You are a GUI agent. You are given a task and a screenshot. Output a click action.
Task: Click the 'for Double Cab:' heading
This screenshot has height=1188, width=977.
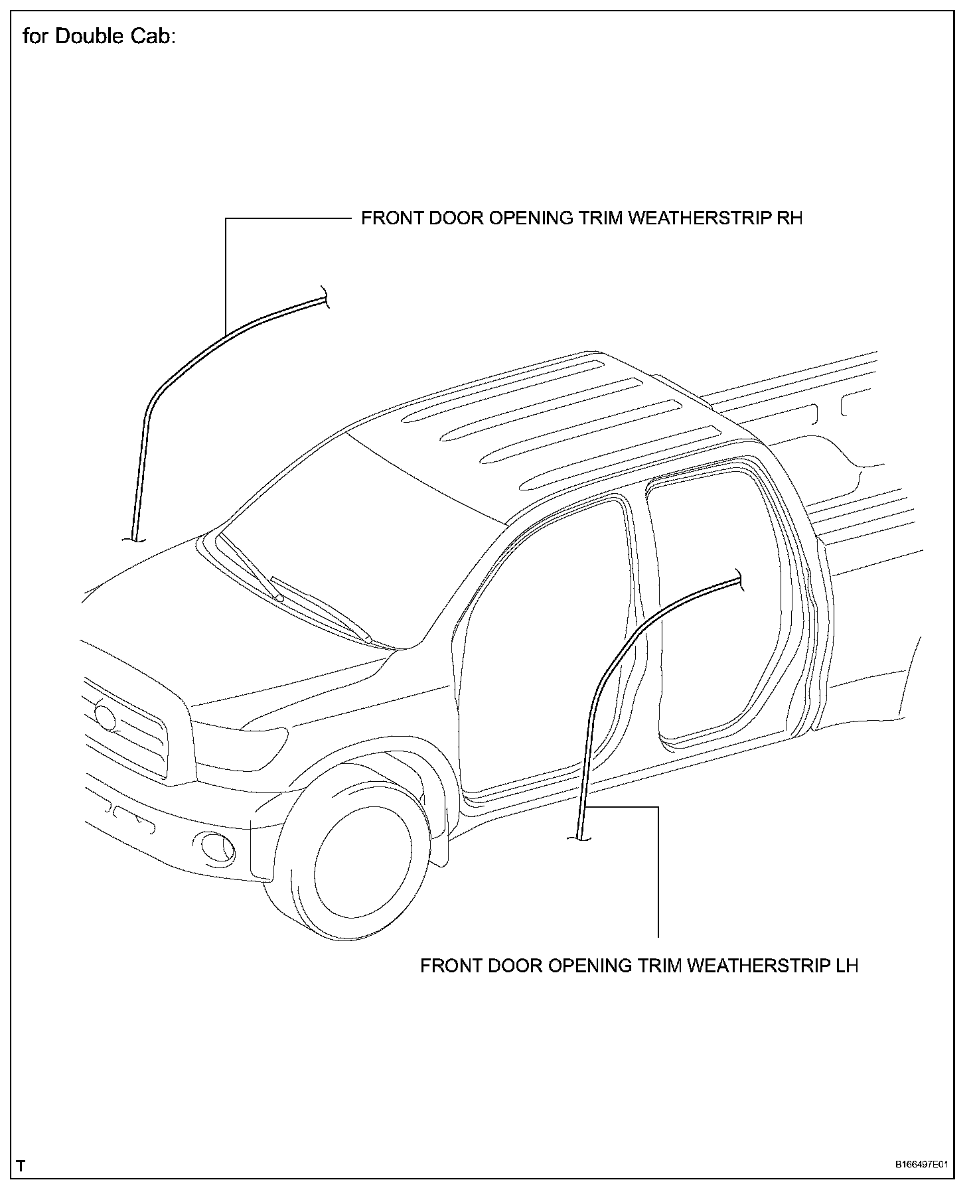click(x=99, y=37)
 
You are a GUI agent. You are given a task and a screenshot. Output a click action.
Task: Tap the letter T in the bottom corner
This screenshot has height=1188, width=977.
click(x=21, y=1165)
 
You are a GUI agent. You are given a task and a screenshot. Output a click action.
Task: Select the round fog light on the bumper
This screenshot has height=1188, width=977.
click(x=217, y=847)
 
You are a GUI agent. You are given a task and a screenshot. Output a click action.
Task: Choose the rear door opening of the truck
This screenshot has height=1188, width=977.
click(x=717, y=597)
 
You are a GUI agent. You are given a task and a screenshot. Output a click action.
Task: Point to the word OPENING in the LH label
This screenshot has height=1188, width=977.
click(x=591, y=966)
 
